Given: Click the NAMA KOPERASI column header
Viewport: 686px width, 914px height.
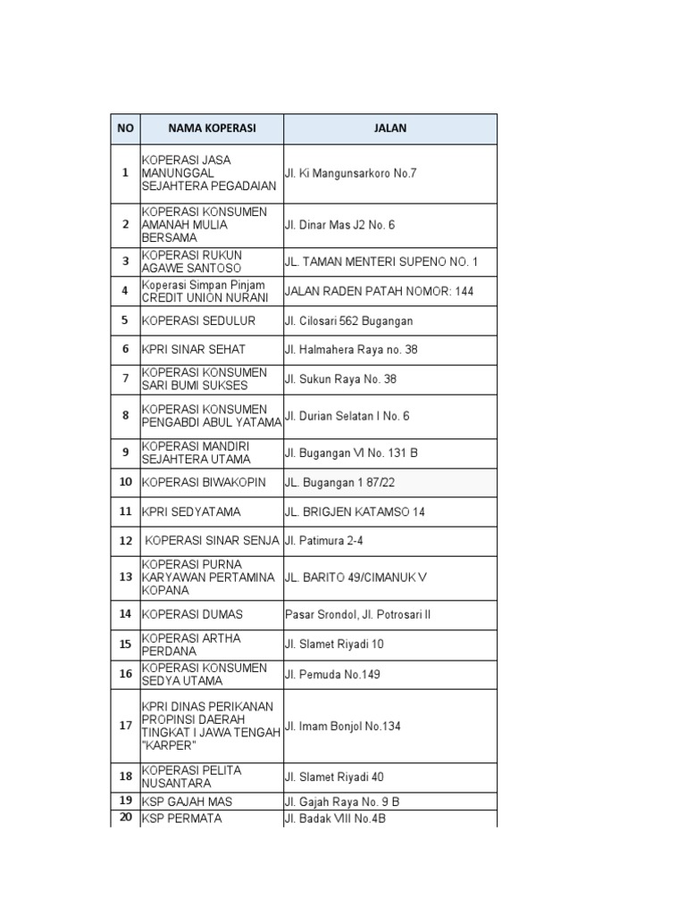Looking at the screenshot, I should click(212, 129).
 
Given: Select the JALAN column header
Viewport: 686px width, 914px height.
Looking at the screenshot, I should click(390, 129).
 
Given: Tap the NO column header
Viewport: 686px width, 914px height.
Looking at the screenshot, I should click(125, 129).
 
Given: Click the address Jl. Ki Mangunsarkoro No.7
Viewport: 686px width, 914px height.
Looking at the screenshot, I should click(350, 173).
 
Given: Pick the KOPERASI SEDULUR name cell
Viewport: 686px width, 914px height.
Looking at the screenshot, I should click(198, 320).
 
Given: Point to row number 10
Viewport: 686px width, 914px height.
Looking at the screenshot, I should click(125, 482).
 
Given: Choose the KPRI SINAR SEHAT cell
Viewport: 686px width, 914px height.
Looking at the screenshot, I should click(194, 350).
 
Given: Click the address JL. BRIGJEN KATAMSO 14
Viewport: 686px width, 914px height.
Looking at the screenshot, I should click(355, 512).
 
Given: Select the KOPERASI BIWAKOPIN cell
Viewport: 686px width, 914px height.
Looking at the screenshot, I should click(204, 483).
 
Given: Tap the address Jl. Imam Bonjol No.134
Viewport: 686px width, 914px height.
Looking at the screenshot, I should click(342, 727).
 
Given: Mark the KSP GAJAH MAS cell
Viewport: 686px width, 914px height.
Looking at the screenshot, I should click(187, 802).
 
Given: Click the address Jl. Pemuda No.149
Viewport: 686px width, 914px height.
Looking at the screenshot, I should click(332, 675).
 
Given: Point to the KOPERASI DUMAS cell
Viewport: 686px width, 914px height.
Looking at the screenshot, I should click(192, 615).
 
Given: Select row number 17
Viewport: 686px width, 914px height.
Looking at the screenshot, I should click(125, 726).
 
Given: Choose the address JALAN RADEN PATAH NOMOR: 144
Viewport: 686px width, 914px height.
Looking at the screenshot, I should click(379, 291).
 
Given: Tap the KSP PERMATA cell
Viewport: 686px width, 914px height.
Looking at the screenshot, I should click(181, 818).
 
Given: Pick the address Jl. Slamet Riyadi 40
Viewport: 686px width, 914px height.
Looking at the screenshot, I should click(334, 777).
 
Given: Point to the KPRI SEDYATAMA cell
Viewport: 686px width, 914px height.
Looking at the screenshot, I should click(191, 512).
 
